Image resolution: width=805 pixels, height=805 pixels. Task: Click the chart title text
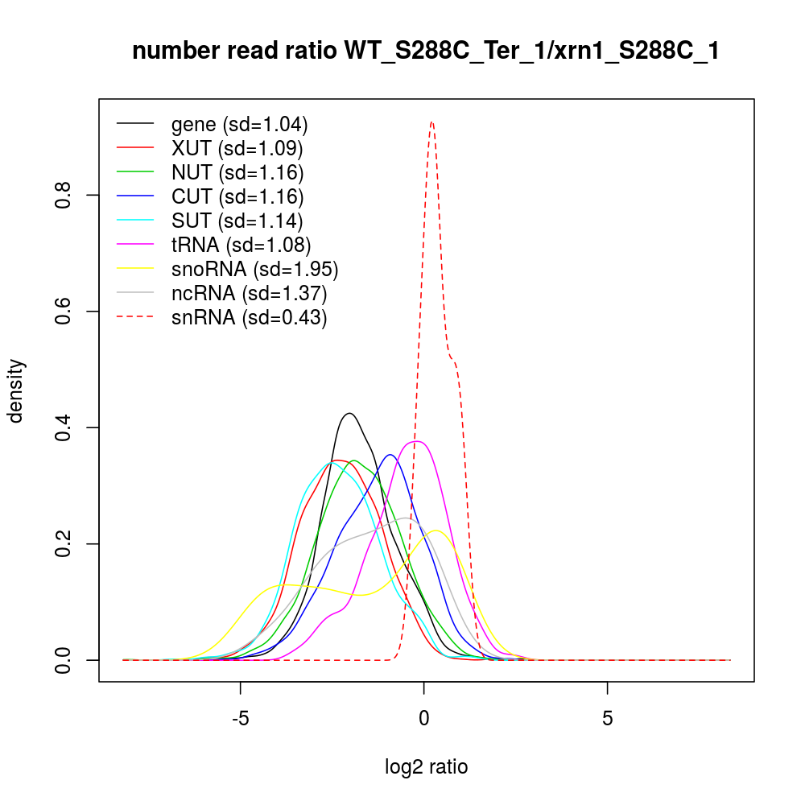[426, 52]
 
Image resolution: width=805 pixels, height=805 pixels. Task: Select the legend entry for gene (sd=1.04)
[239, 125]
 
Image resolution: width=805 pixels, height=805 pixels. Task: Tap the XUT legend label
[237, 149]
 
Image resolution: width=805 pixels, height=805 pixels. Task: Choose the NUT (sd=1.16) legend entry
[237, 172]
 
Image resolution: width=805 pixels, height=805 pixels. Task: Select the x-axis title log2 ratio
[426, 767]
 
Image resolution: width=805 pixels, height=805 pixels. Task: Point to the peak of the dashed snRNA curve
[432, 122]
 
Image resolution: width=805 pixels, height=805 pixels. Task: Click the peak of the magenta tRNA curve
[416, 441]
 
